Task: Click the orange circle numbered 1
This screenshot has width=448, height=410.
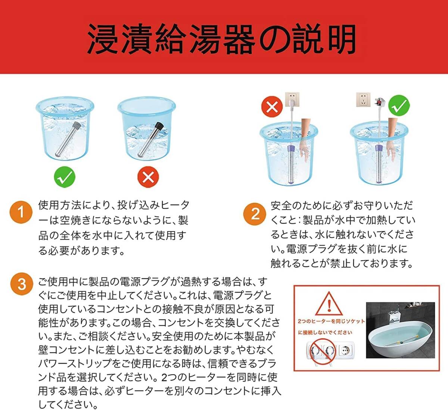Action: coord(21,212)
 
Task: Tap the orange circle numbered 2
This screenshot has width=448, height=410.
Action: coord(255,214)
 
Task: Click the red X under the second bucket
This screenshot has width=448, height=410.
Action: coord(148,177)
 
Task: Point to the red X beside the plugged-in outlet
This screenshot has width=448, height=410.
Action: coord(272,107)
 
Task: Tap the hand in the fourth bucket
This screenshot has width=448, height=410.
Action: coord(391,138)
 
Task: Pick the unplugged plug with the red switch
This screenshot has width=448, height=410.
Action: coord(382,102)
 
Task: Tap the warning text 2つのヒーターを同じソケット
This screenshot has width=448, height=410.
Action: coord(331,321)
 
